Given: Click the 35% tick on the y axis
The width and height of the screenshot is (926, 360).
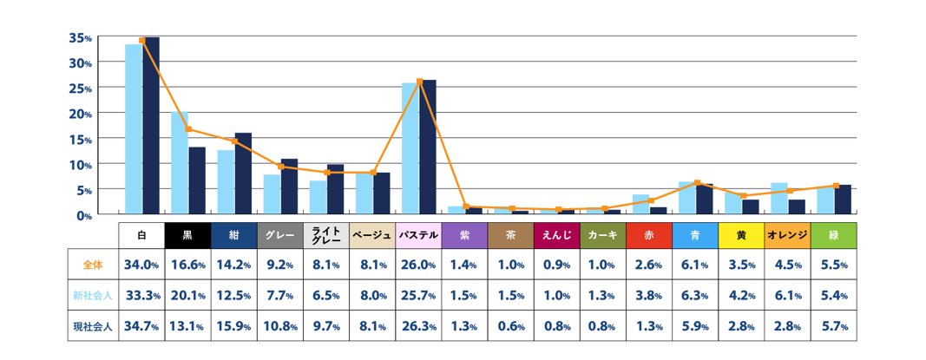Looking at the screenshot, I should [80, 37].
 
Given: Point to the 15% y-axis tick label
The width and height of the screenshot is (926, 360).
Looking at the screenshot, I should [80, 139].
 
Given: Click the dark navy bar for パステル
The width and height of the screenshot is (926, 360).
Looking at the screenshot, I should [428, 147].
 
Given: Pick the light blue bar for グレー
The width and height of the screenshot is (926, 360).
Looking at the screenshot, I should [272, 194].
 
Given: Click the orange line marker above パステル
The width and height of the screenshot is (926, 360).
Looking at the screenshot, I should [420, 82].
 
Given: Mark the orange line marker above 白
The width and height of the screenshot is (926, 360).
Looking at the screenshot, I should [142, 41].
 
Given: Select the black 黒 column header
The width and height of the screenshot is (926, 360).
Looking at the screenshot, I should [187, 235].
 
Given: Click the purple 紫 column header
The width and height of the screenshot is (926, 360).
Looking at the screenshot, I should [464, 235].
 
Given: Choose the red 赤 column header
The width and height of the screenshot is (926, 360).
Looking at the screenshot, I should [649, 235].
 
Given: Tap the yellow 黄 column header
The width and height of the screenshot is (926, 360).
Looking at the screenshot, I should [741, 235].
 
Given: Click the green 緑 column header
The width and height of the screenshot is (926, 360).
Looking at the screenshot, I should [834, 235].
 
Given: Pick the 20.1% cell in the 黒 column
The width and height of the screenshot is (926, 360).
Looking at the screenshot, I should [187, 296].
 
